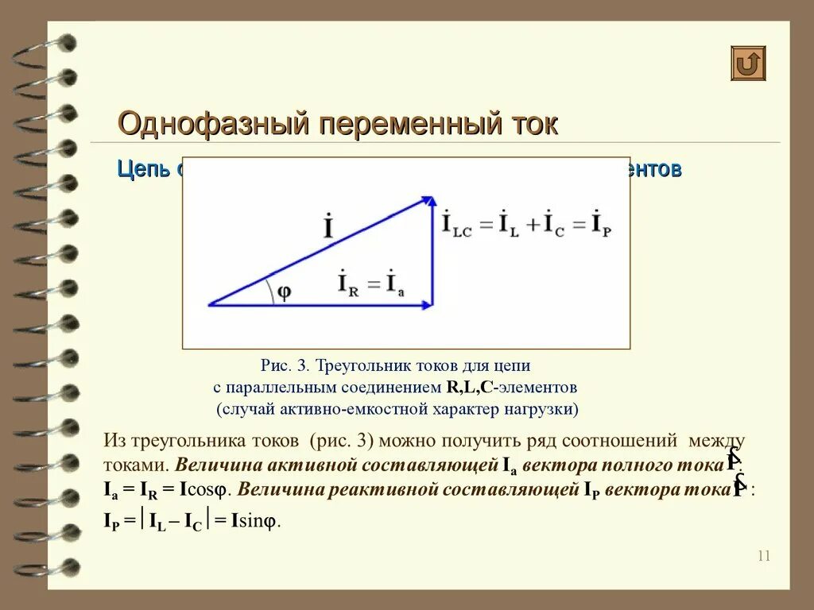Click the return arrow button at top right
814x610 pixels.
748,64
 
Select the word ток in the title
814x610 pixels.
533,125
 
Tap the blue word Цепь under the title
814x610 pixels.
143,169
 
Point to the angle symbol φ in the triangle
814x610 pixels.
283,291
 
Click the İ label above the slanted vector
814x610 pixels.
328,227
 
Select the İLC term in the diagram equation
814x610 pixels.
456,223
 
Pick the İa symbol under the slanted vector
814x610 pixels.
395,284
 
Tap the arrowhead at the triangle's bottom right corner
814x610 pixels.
428,303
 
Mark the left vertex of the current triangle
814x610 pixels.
210,303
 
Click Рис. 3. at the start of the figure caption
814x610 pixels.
285,366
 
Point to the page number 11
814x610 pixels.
764,556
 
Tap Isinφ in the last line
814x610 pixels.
256,521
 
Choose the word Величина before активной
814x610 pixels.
213,465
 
